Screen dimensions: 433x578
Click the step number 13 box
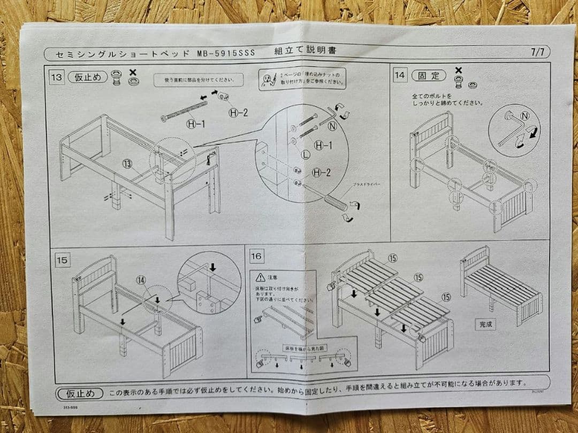tap(56, 77)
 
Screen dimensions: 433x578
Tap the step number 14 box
tap(399, 75)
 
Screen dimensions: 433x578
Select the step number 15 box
tap(62, 260)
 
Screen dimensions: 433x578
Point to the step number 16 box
tap(256, 256)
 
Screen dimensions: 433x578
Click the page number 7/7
tap(537, 52)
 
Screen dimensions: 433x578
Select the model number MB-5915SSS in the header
tap(225, 53)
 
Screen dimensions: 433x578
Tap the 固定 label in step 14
tap(428, 75)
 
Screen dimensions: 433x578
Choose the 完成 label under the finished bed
tap(485, 324)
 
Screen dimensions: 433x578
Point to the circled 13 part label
tap(127, 164)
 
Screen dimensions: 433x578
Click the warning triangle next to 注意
tap(260, 277)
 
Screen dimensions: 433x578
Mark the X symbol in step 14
tap(458, 70)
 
